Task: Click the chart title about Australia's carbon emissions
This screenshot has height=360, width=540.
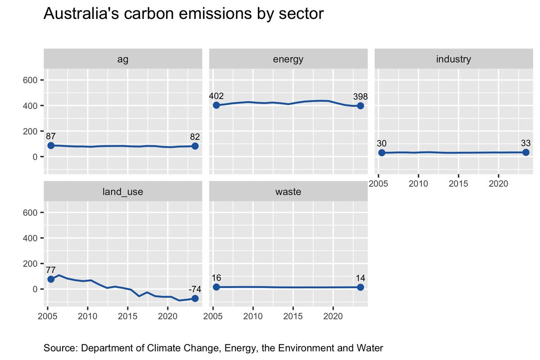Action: (x=183, y=14)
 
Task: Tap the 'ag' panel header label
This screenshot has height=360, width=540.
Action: (x=122, y=59)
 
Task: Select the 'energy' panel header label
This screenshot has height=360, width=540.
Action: (x=288, y=59)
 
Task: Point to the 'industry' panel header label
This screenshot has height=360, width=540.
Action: (x=454, y=59)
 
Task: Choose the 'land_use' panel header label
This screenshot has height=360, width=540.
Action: (x=122, y=192)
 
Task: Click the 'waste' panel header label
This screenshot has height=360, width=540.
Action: (x=288, y=192)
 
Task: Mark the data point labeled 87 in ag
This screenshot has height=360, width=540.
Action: (x=51, y=145)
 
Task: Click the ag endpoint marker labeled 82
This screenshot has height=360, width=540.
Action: (x=195, y=146)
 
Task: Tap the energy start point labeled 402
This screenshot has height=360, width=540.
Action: (x=216, y=105)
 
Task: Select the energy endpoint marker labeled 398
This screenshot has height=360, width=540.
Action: (x=360, y=106)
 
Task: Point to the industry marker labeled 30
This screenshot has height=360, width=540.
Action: (x=382, y=153)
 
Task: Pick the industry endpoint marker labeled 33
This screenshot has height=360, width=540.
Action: (x=526, y=153)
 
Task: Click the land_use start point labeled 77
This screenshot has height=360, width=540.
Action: (x=51, y=279)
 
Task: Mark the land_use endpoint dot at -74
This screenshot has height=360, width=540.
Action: (x=195, y=298)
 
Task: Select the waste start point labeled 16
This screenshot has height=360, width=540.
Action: (x=216, y=287)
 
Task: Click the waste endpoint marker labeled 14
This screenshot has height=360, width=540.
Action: (x=360, y=287)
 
